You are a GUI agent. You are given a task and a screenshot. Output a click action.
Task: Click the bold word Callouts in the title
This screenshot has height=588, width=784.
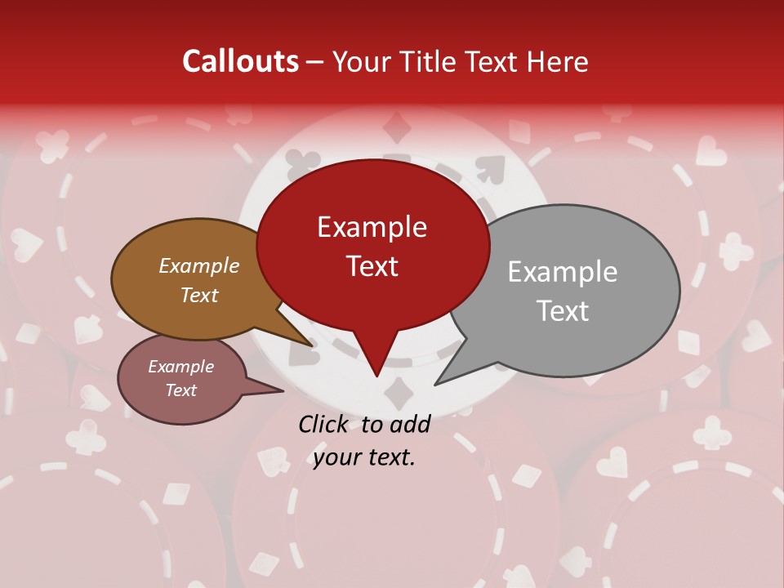click(x=240, y=61)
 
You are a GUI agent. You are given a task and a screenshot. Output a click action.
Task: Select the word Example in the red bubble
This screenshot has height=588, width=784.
click(x=372, y=227)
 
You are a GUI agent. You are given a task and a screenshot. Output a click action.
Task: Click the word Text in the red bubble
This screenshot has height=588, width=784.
click(x=372, y=266)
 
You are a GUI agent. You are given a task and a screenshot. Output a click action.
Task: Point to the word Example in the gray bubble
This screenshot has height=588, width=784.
click(x=562, y=272)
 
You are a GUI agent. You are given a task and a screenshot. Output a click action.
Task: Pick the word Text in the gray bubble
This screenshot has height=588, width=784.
click(x=562, y=311)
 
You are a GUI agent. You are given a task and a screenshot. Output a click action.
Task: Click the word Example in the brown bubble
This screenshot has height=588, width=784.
click(x=198, y=265)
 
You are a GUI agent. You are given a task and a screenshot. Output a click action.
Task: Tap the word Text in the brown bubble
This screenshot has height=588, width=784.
click(x=198, y=295)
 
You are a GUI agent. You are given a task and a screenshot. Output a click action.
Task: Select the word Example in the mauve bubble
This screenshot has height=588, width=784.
click(x=180, y=367)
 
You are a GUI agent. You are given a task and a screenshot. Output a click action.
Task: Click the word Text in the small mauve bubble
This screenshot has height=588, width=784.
click(x=180, y=390)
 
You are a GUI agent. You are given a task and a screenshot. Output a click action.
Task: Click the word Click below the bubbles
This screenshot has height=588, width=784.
click(x=324, y=424)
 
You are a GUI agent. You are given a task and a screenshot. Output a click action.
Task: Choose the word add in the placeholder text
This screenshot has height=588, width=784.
click(x=410, y=424)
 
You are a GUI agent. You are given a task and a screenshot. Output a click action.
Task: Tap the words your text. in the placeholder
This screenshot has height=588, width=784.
click(x=364, y=457)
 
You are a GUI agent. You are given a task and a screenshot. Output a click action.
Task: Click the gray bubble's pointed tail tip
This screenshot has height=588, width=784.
click(x=435, y=384)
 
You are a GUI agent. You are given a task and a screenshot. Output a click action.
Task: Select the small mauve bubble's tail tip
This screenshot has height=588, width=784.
click(x=283, y=391)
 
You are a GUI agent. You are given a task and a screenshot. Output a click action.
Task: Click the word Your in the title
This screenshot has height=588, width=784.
click(x=360, y=61)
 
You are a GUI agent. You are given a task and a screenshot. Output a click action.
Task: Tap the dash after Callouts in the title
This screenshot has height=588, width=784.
click(x=315, y=62)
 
